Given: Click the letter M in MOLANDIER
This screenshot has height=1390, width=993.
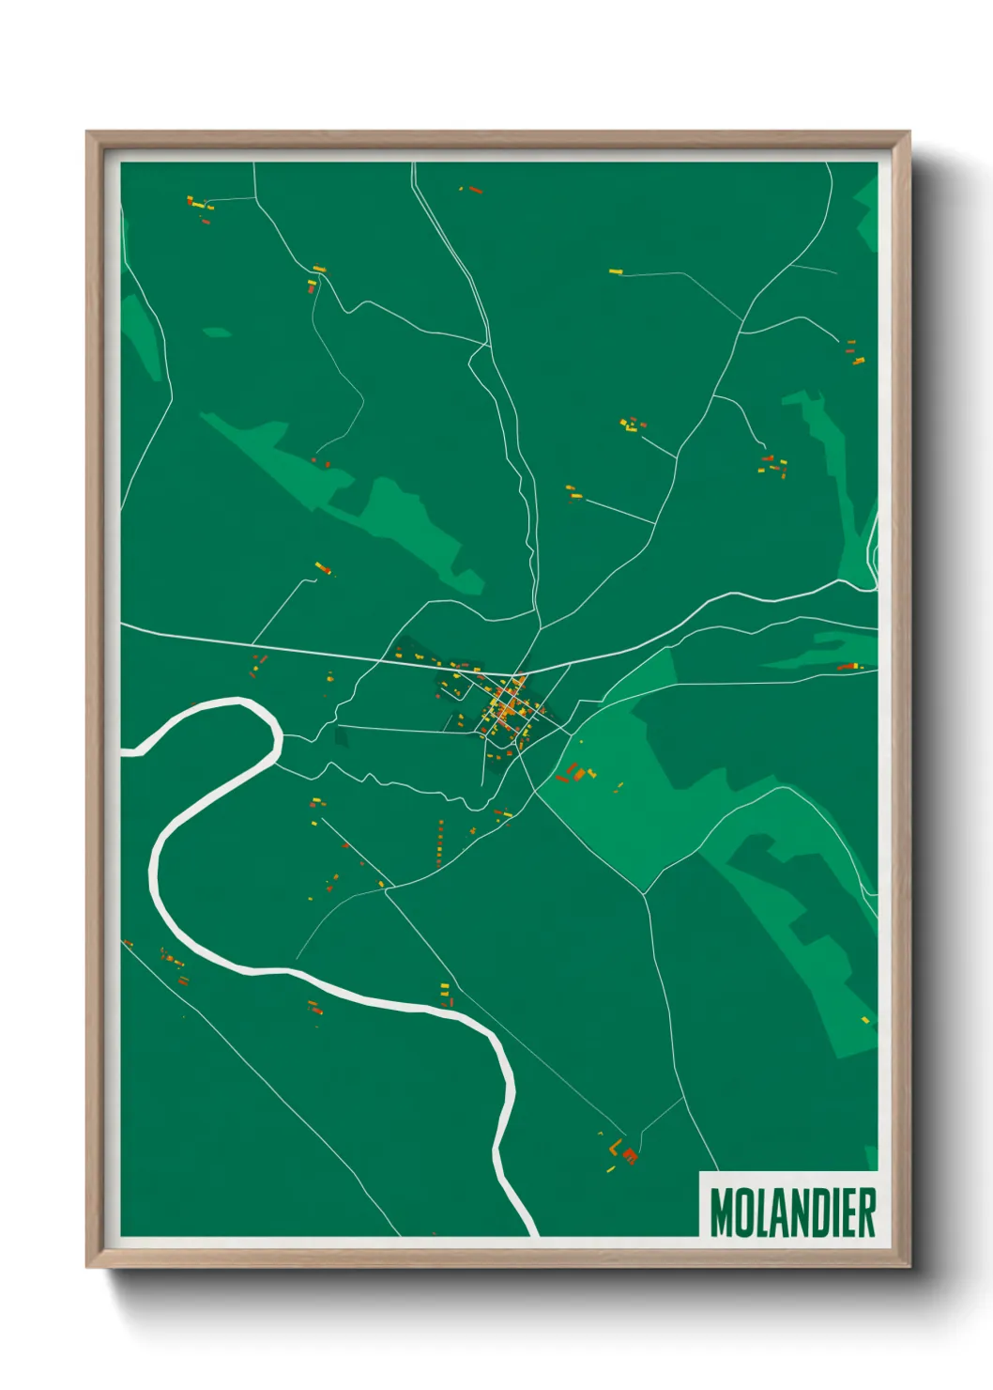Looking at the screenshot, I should point(723,1212).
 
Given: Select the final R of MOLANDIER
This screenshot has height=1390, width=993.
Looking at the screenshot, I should point(866,1212).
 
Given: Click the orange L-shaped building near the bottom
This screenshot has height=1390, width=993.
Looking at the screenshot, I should point(615,1148).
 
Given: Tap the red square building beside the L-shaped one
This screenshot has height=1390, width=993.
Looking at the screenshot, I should point(631,1155).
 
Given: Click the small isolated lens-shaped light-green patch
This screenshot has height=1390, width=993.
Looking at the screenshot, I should point(217,332).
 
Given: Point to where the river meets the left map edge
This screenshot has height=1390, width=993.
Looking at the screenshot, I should point(125,752).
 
